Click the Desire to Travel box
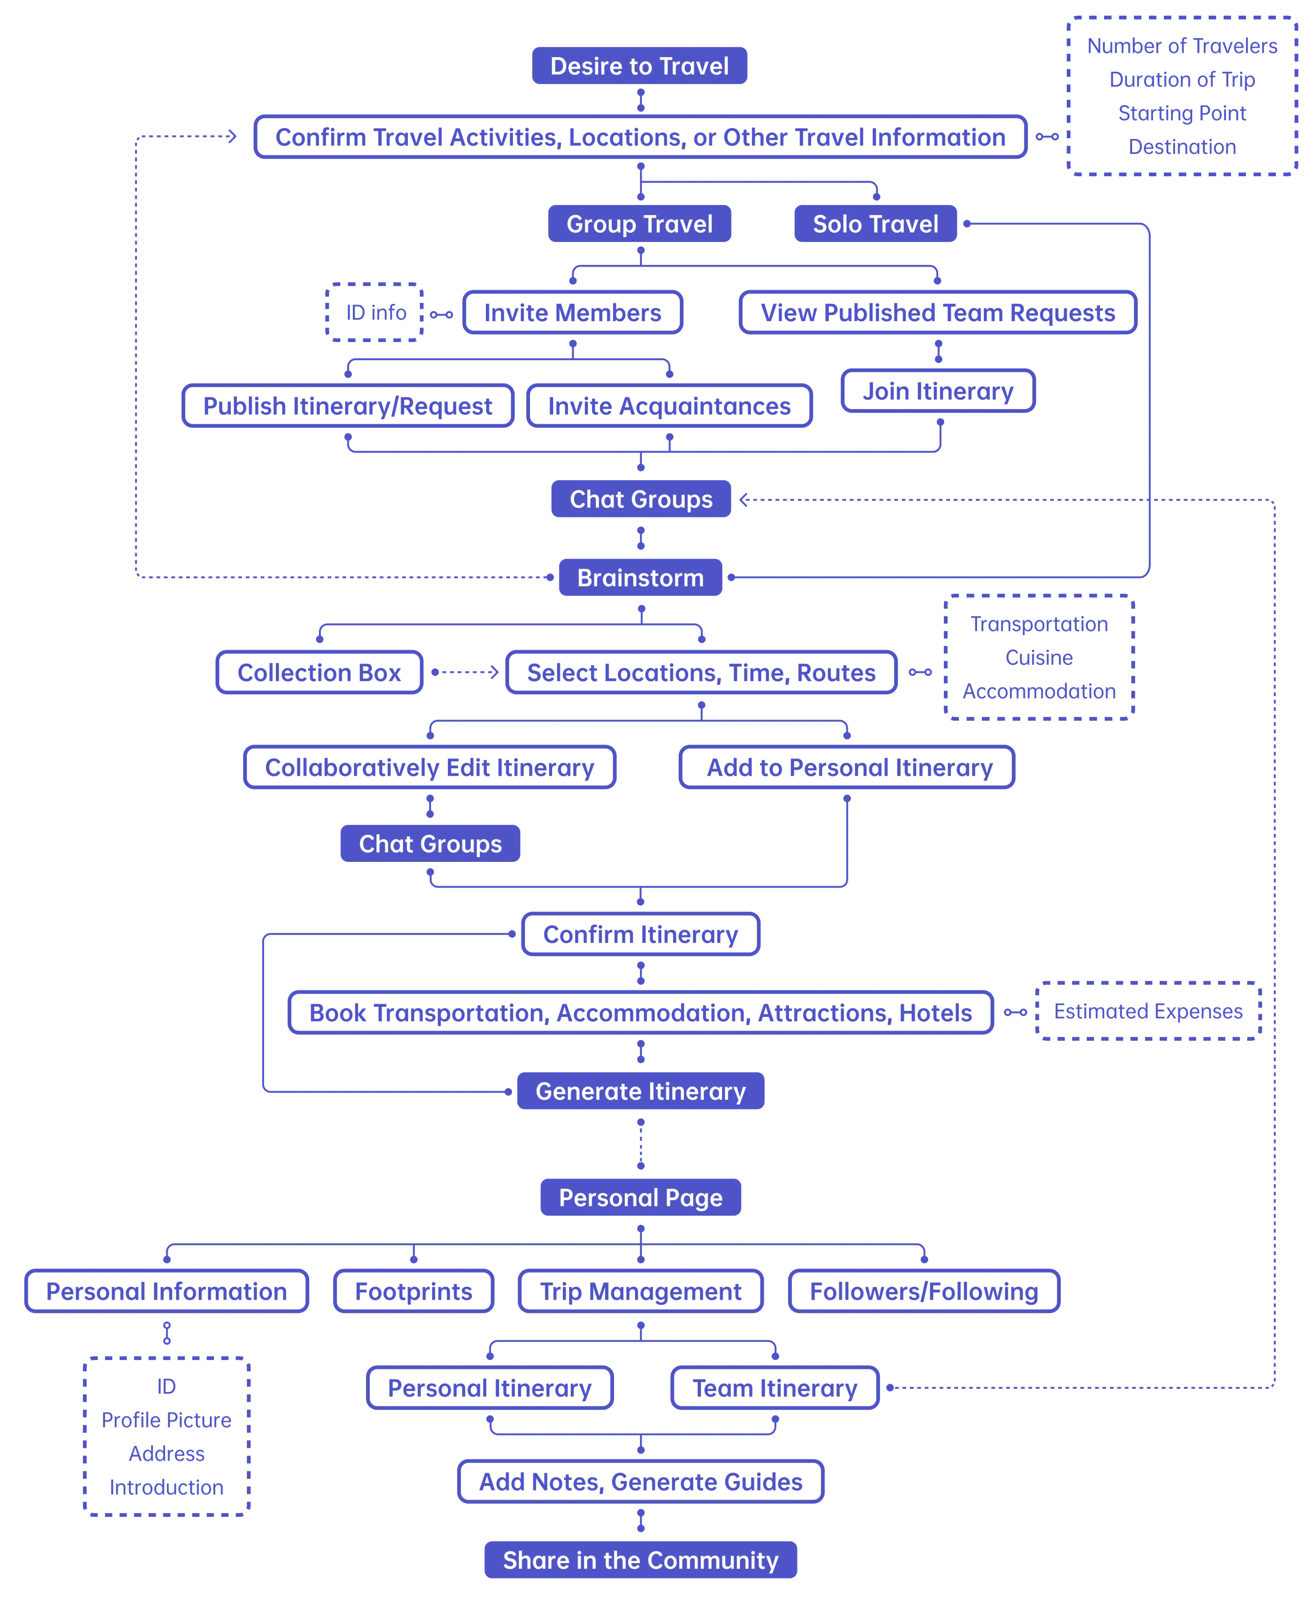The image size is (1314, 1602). (x=640, y=66)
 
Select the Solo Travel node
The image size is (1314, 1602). (x=875, y=224)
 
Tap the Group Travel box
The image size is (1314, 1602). (x=640, y=224)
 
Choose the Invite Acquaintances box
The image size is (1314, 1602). (x=669, y=407)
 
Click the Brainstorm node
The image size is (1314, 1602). (x=640, y=578)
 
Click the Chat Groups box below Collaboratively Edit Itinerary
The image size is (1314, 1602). (x=430, y=844)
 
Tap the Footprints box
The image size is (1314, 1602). (x=414, y=1291)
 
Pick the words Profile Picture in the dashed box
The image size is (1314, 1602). (x=167, y=1420)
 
